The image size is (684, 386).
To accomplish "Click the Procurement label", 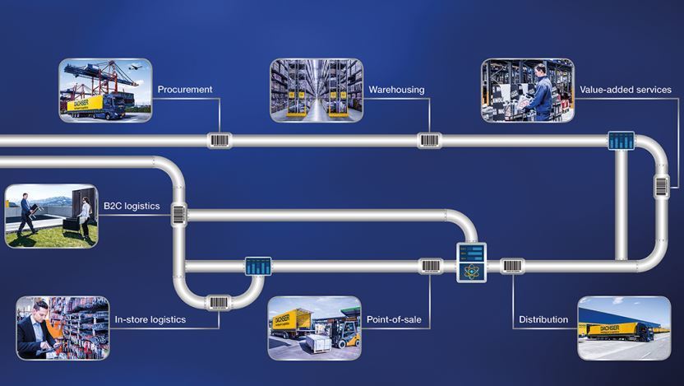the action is [x=185, y=90].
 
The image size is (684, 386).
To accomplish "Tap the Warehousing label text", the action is [x=396, y=90].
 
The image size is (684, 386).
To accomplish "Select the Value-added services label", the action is [x=626, y=90].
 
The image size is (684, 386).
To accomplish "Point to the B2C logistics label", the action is [x=132, y=206].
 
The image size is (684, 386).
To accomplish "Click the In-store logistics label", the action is [x=150, y=319].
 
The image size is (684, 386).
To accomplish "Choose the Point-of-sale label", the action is [x=394, y=319].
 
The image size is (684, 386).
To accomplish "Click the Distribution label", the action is [x=543, y=319].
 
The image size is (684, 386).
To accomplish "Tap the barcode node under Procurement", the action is [x=219, y=141].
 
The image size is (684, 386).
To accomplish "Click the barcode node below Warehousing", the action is [x=429, y=141].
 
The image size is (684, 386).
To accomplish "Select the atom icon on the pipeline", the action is [x=472, y=272].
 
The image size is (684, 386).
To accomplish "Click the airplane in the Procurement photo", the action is [x=135, y=67].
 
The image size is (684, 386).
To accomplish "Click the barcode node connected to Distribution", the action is [x=512, y=266].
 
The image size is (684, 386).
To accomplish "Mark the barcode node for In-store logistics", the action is [x=218, y=303].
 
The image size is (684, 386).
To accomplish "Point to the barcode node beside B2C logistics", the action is [x=178, y=214].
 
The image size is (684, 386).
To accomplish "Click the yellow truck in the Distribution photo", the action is [x=619, y=332].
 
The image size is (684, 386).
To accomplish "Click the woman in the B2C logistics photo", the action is [x=85, y=217].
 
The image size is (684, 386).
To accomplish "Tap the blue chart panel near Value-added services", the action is [x=622, y=141].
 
